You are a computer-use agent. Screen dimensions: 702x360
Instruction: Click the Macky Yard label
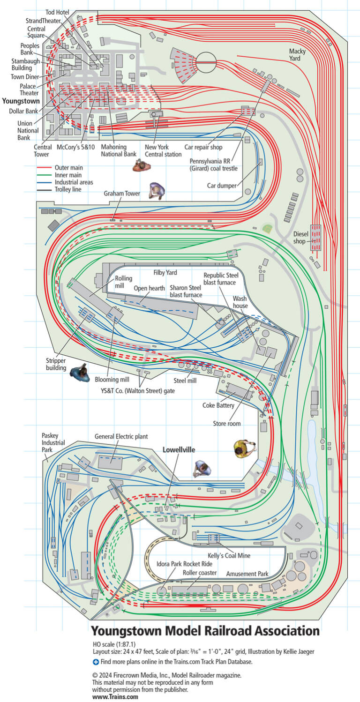point(298,54)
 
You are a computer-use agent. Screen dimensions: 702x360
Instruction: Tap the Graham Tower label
point(121,194)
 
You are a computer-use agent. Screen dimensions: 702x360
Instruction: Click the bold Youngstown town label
point(21,101)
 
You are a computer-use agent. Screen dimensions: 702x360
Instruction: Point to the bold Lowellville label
point(179,449)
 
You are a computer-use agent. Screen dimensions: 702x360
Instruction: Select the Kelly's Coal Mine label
point(229,555)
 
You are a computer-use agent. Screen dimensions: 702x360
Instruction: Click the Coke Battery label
point(218,405)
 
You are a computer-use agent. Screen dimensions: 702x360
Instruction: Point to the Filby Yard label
point(165,272)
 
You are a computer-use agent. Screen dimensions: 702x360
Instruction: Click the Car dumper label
point(222,185)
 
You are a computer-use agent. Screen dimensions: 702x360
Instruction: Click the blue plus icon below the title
point(96,662)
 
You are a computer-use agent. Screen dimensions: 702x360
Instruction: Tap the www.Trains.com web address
point(115,697)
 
